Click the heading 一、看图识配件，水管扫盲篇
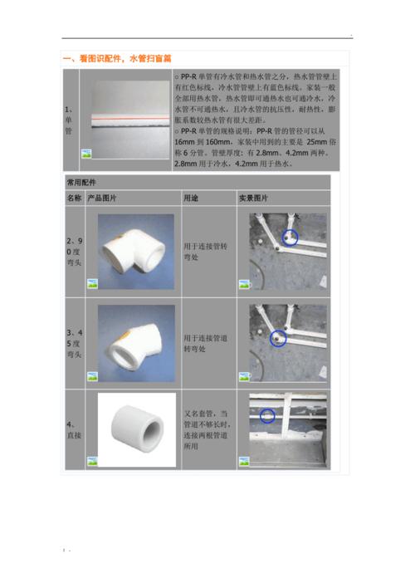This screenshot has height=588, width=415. [x=118, y=59]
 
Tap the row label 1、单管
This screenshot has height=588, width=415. [x=69, y=120]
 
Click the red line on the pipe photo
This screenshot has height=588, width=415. [x=126, y=120]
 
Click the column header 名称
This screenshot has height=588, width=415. [x=74, y=198]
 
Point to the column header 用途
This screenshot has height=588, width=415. [x=190, y=198]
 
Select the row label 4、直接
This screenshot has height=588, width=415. [x=72, y=429]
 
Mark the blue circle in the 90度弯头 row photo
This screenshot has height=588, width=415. [x=289, y=238]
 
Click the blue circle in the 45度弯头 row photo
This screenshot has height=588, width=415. [x=278, y=337]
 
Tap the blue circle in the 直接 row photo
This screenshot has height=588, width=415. [x=267, y=414]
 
